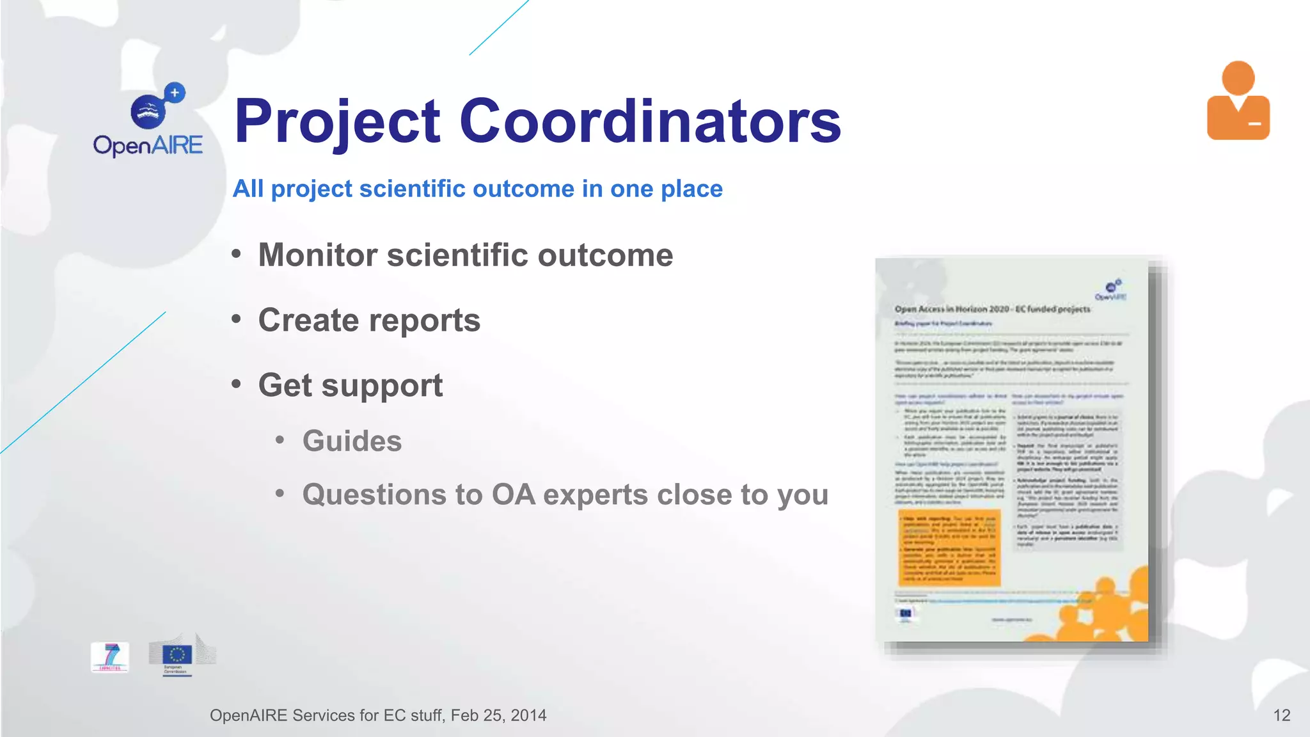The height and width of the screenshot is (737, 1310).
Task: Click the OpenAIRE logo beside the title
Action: coord(148,120)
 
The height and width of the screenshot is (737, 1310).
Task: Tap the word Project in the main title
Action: coord(338,122)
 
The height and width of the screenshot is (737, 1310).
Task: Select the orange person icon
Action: coord(1238,101)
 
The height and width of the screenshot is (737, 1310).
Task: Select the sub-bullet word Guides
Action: coord(352,441)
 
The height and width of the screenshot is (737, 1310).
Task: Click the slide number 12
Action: coord(1281,715)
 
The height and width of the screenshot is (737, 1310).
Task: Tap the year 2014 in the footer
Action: coord(528,715)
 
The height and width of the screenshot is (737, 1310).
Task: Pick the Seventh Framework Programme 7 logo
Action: coord(110,657)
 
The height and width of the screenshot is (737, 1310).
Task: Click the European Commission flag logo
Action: coord(178,655)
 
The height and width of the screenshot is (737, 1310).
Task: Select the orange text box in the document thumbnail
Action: coord(949,548)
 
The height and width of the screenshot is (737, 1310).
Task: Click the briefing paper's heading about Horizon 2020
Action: coord(992,309)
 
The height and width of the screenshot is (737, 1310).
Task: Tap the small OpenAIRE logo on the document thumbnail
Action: coord(1111,290)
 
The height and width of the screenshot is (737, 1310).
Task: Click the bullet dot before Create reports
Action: coord(237,319)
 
